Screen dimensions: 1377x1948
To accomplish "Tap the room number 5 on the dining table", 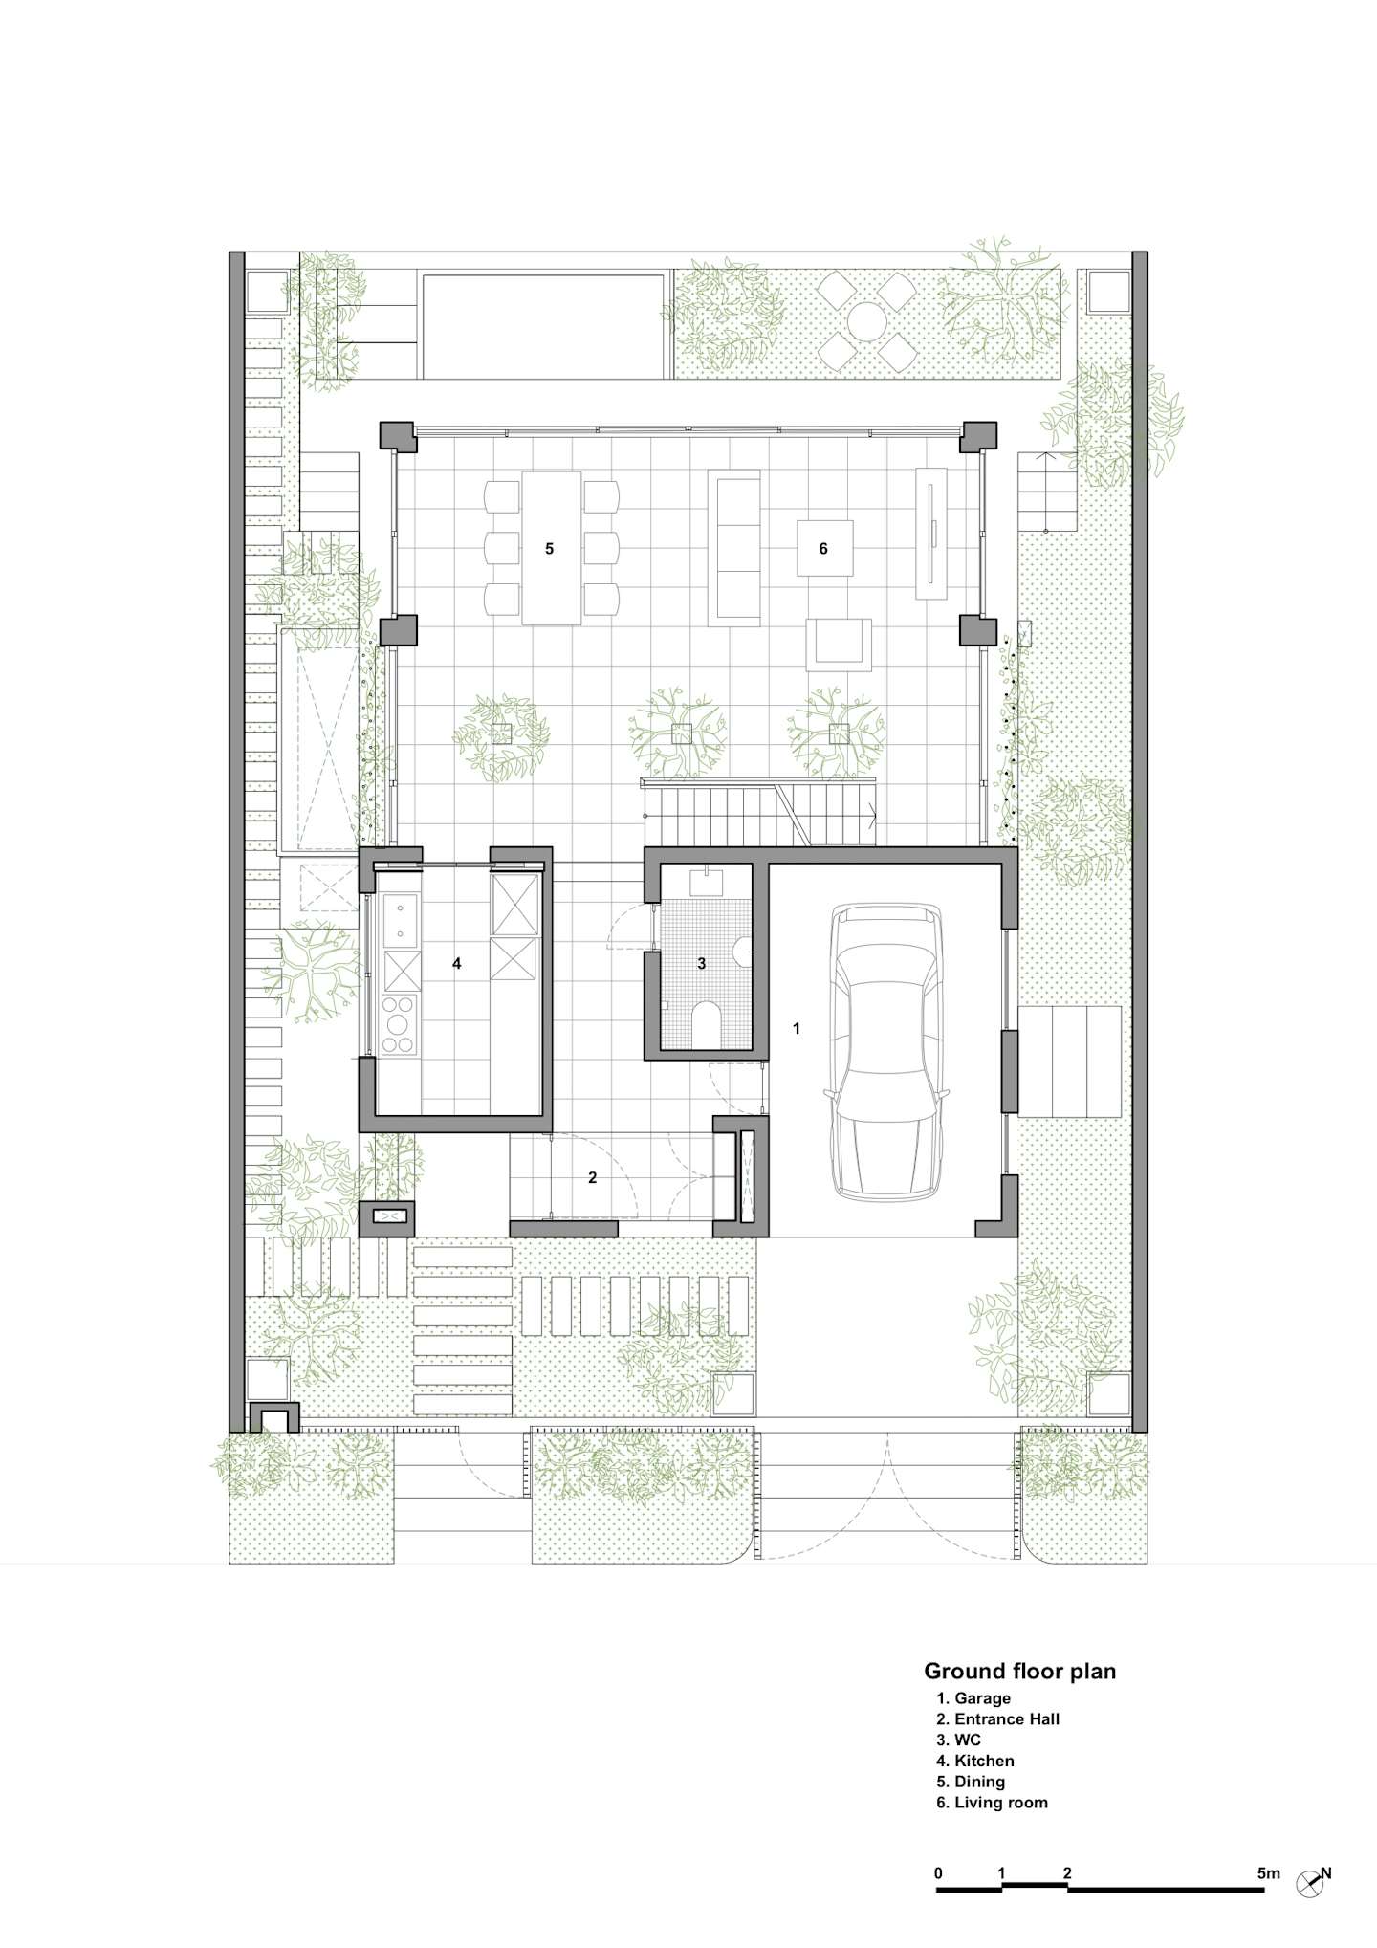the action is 550,549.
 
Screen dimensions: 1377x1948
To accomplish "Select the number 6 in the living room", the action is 823,549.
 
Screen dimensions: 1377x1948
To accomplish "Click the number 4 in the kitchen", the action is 457,964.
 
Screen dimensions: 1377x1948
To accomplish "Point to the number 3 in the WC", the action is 702,964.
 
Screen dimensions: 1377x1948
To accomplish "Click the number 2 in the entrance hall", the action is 593,1178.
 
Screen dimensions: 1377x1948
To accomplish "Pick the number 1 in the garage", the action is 797,1029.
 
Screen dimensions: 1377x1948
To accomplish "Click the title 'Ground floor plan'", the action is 1019,1672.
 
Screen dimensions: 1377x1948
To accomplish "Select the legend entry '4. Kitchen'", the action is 975,1761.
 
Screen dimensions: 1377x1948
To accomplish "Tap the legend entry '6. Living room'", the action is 992,1803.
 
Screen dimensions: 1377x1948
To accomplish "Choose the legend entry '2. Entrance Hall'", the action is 997,1718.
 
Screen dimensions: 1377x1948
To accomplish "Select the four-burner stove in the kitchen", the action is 401,1024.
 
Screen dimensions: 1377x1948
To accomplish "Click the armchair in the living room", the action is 840,645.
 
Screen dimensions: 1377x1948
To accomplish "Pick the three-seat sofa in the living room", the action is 734,548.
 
